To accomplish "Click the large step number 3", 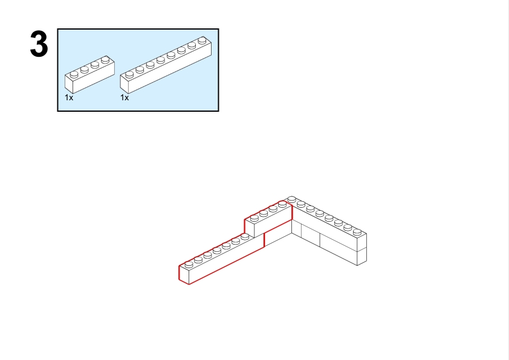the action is [39, 43].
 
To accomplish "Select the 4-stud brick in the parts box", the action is [89, 74].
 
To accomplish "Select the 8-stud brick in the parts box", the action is [166, 65].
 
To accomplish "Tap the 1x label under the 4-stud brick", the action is [69, 98].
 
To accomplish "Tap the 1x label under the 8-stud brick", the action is [125, 98].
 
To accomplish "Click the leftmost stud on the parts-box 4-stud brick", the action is [74, 74].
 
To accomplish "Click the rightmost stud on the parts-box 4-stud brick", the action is [105, 59].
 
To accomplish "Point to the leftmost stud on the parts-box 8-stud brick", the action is [129, 74].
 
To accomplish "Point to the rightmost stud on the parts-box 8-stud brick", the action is [202, 40].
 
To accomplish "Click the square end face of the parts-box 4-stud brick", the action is [69, 84].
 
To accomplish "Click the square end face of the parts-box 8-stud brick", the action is [124, 84].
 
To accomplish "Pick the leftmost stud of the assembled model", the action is [189, 265].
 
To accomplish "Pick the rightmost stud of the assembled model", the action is [357, 231].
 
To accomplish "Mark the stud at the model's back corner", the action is [291, 199].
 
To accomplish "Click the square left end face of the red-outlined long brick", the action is [184, 275].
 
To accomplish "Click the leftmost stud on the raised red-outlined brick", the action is [254, 217].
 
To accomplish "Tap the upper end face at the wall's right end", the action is [362, 242].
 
